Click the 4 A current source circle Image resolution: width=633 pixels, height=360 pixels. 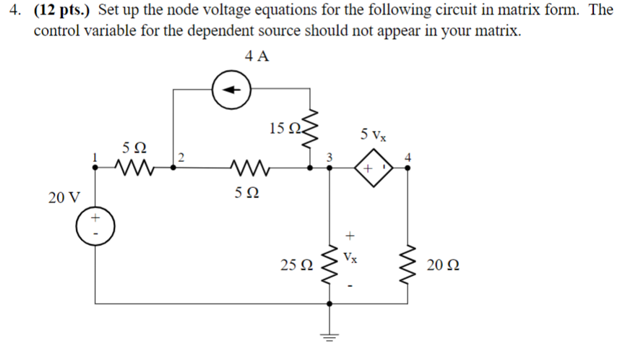[x=231, y=92]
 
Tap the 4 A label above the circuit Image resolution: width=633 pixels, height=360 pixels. [x=257, y=57]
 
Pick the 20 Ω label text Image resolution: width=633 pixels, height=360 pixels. [x=444, y=266]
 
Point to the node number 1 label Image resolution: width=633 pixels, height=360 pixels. [x=93, y=156]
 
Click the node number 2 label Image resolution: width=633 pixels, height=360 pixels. [x=182, y=157]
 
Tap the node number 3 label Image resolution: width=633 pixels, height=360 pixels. [x=329, y=156]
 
